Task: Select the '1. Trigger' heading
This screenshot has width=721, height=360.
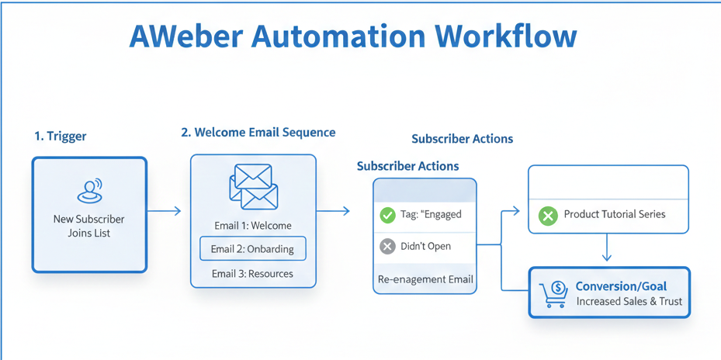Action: click(61, 136)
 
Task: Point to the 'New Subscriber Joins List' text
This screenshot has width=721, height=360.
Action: click(88, 226)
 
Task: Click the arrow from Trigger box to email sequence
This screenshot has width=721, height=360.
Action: click(164, 211)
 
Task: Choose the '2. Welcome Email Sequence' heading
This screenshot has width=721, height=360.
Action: click(258, 133)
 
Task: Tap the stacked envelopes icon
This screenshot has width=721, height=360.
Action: click(253, 187)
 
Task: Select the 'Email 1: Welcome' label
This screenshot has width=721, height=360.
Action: click(253, 226)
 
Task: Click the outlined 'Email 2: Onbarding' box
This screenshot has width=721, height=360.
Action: click(253, 249)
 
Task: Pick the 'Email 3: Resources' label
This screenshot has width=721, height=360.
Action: click(253, 274)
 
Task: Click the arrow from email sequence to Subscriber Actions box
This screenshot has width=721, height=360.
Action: click(334, 211)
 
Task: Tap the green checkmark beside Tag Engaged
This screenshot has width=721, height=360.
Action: click(387, 215)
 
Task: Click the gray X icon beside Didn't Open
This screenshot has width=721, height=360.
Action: click(387, 247)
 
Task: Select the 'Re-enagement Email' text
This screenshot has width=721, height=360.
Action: click(425, 279)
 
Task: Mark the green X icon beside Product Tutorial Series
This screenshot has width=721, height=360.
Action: click(548, 215)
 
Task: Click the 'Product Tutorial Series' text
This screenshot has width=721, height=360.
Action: click(614, 214)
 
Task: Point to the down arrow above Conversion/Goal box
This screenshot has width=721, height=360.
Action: click(607, 249)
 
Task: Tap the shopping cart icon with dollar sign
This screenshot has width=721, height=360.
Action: click(554, 294)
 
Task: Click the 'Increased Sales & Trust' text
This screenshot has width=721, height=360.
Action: click(629, 301)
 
